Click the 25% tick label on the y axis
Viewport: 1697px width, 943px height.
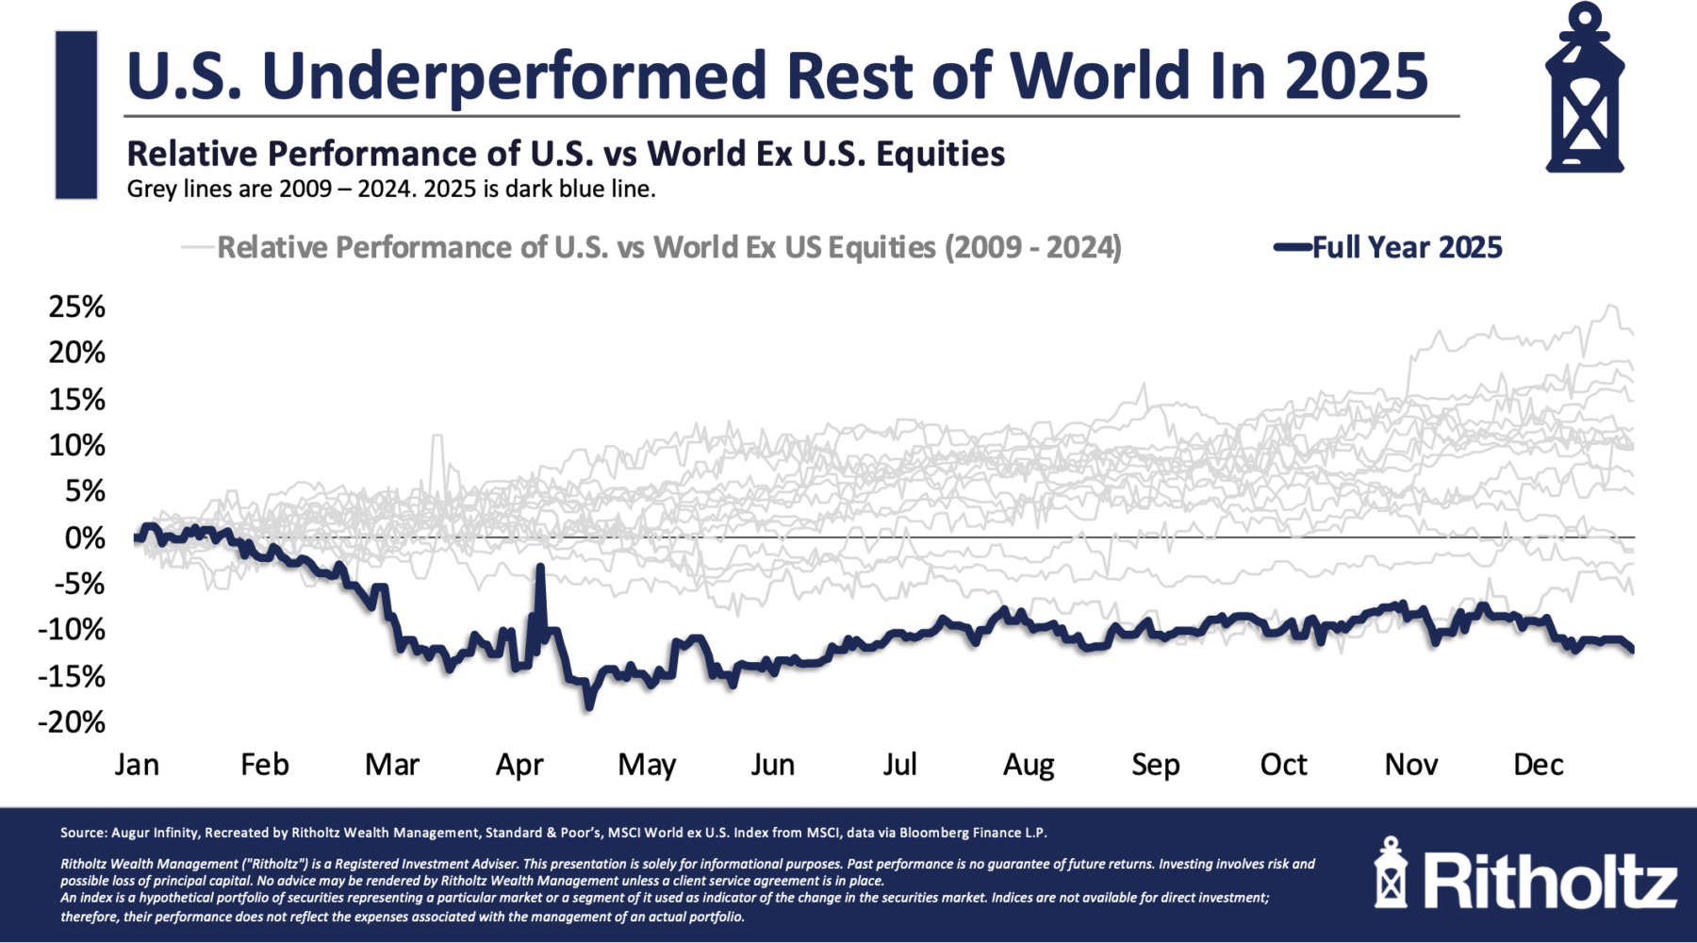(x=77, y=307)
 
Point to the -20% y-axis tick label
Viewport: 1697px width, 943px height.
(x=72, y=722)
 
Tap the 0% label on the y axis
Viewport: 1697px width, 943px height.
(x=85, y=538)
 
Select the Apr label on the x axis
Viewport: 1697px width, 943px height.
(x=519, y=765)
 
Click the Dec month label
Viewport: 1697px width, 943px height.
(x=1538, y=765)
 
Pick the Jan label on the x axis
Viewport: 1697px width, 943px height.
(x=137, y=765)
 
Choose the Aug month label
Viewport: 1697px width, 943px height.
(x=1028, y=765)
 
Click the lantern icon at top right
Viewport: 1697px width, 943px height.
(x=1585, y=90)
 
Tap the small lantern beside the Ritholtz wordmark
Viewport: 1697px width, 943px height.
(x=1391, y=873)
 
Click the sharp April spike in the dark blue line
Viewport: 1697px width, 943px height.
(x=540, y=568)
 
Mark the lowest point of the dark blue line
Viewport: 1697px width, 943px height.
(x=589, y=706)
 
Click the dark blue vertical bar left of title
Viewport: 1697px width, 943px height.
(x=76, y=115)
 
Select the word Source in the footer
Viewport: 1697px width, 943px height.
(x=83, y=833)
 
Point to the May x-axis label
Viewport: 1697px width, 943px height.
(x=647, y=765)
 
